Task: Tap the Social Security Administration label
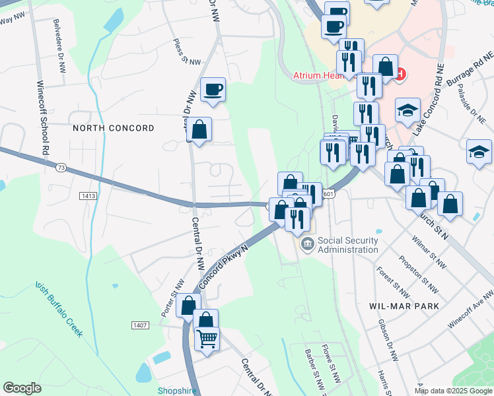[348, 245]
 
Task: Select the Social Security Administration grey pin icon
[308, 245]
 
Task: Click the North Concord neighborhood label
[114, 128]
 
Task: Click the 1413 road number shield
[88, 196]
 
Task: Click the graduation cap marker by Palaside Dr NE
[479, 152]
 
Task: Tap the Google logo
[22, 388]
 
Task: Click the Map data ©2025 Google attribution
[453, 391]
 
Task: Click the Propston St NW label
[423, 278]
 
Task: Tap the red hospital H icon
[400, 73]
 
